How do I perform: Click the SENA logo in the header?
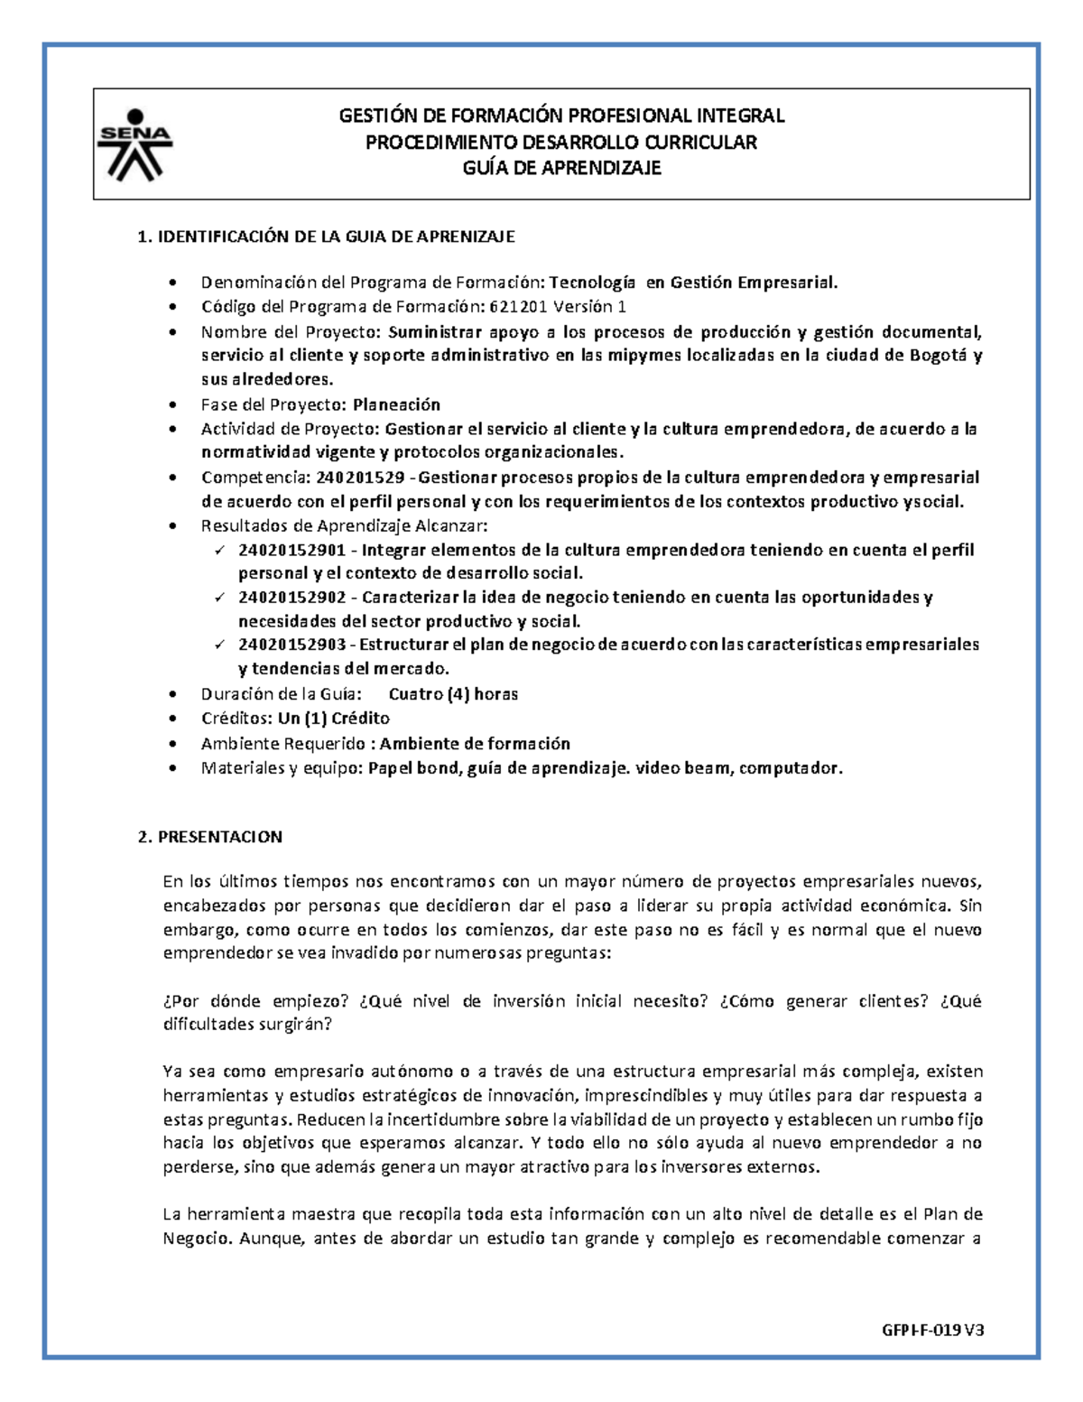134,143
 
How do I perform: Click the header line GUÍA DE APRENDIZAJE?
561,168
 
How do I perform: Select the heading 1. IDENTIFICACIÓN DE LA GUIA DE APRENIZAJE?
326,237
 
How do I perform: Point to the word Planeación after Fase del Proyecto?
396,404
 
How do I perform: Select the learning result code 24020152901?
292,550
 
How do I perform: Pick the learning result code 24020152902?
292,597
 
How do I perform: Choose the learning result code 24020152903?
292,645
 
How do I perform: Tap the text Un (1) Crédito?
334,718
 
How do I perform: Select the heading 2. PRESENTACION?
210,836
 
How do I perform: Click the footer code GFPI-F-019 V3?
932,1330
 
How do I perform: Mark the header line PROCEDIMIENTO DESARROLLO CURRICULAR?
561,142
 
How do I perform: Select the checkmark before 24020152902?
219,598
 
